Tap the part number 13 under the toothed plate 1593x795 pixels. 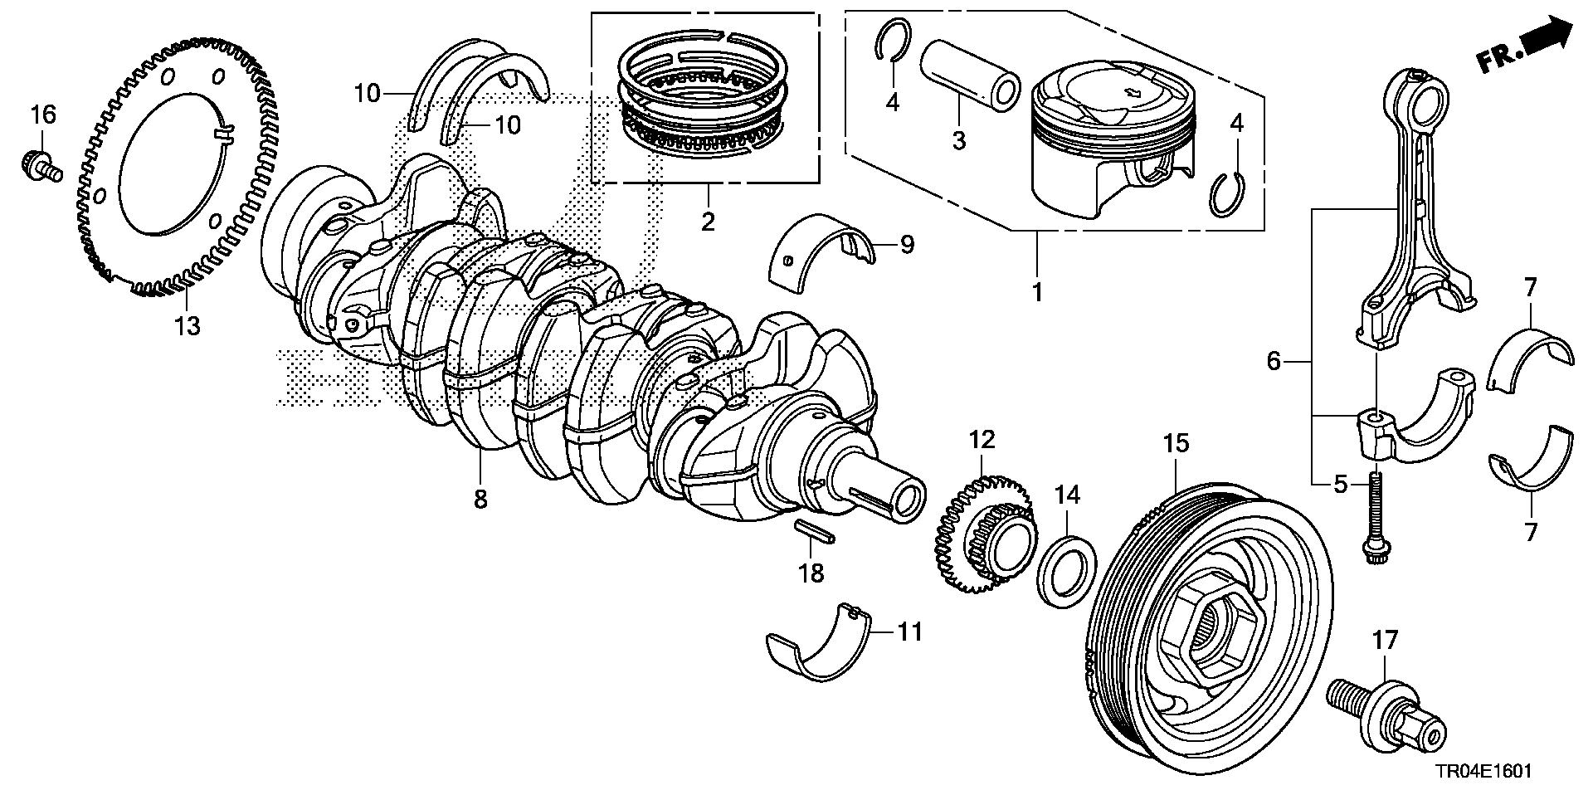188,326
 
